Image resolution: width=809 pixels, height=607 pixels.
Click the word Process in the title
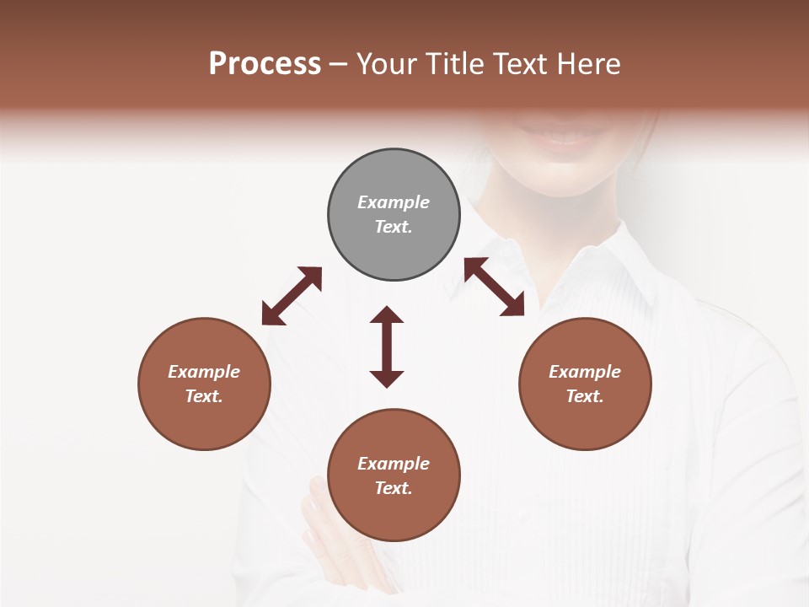coord(265,64)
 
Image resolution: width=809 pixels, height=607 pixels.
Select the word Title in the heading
coord(453,64)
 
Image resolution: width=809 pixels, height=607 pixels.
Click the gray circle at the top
coord(394,215)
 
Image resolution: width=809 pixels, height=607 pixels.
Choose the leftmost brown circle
coord(204,384)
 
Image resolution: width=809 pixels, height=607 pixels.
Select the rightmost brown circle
coord(585,384)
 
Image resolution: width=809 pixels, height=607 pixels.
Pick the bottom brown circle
coord(394,475)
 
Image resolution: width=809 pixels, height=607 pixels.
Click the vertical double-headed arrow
coord(387,346)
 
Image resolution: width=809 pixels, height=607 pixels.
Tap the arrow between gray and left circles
coord(292,295)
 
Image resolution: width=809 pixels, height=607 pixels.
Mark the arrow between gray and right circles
coord(494,287)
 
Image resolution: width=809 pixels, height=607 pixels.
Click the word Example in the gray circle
coord(394,202)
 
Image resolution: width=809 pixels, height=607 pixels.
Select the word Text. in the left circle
coord(204,396)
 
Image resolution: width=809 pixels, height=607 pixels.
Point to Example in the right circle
coord(585,372)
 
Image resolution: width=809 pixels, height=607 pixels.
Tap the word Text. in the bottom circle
coord(394,488)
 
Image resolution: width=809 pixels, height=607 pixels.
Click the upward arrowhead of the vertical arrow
coord(387,315)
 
